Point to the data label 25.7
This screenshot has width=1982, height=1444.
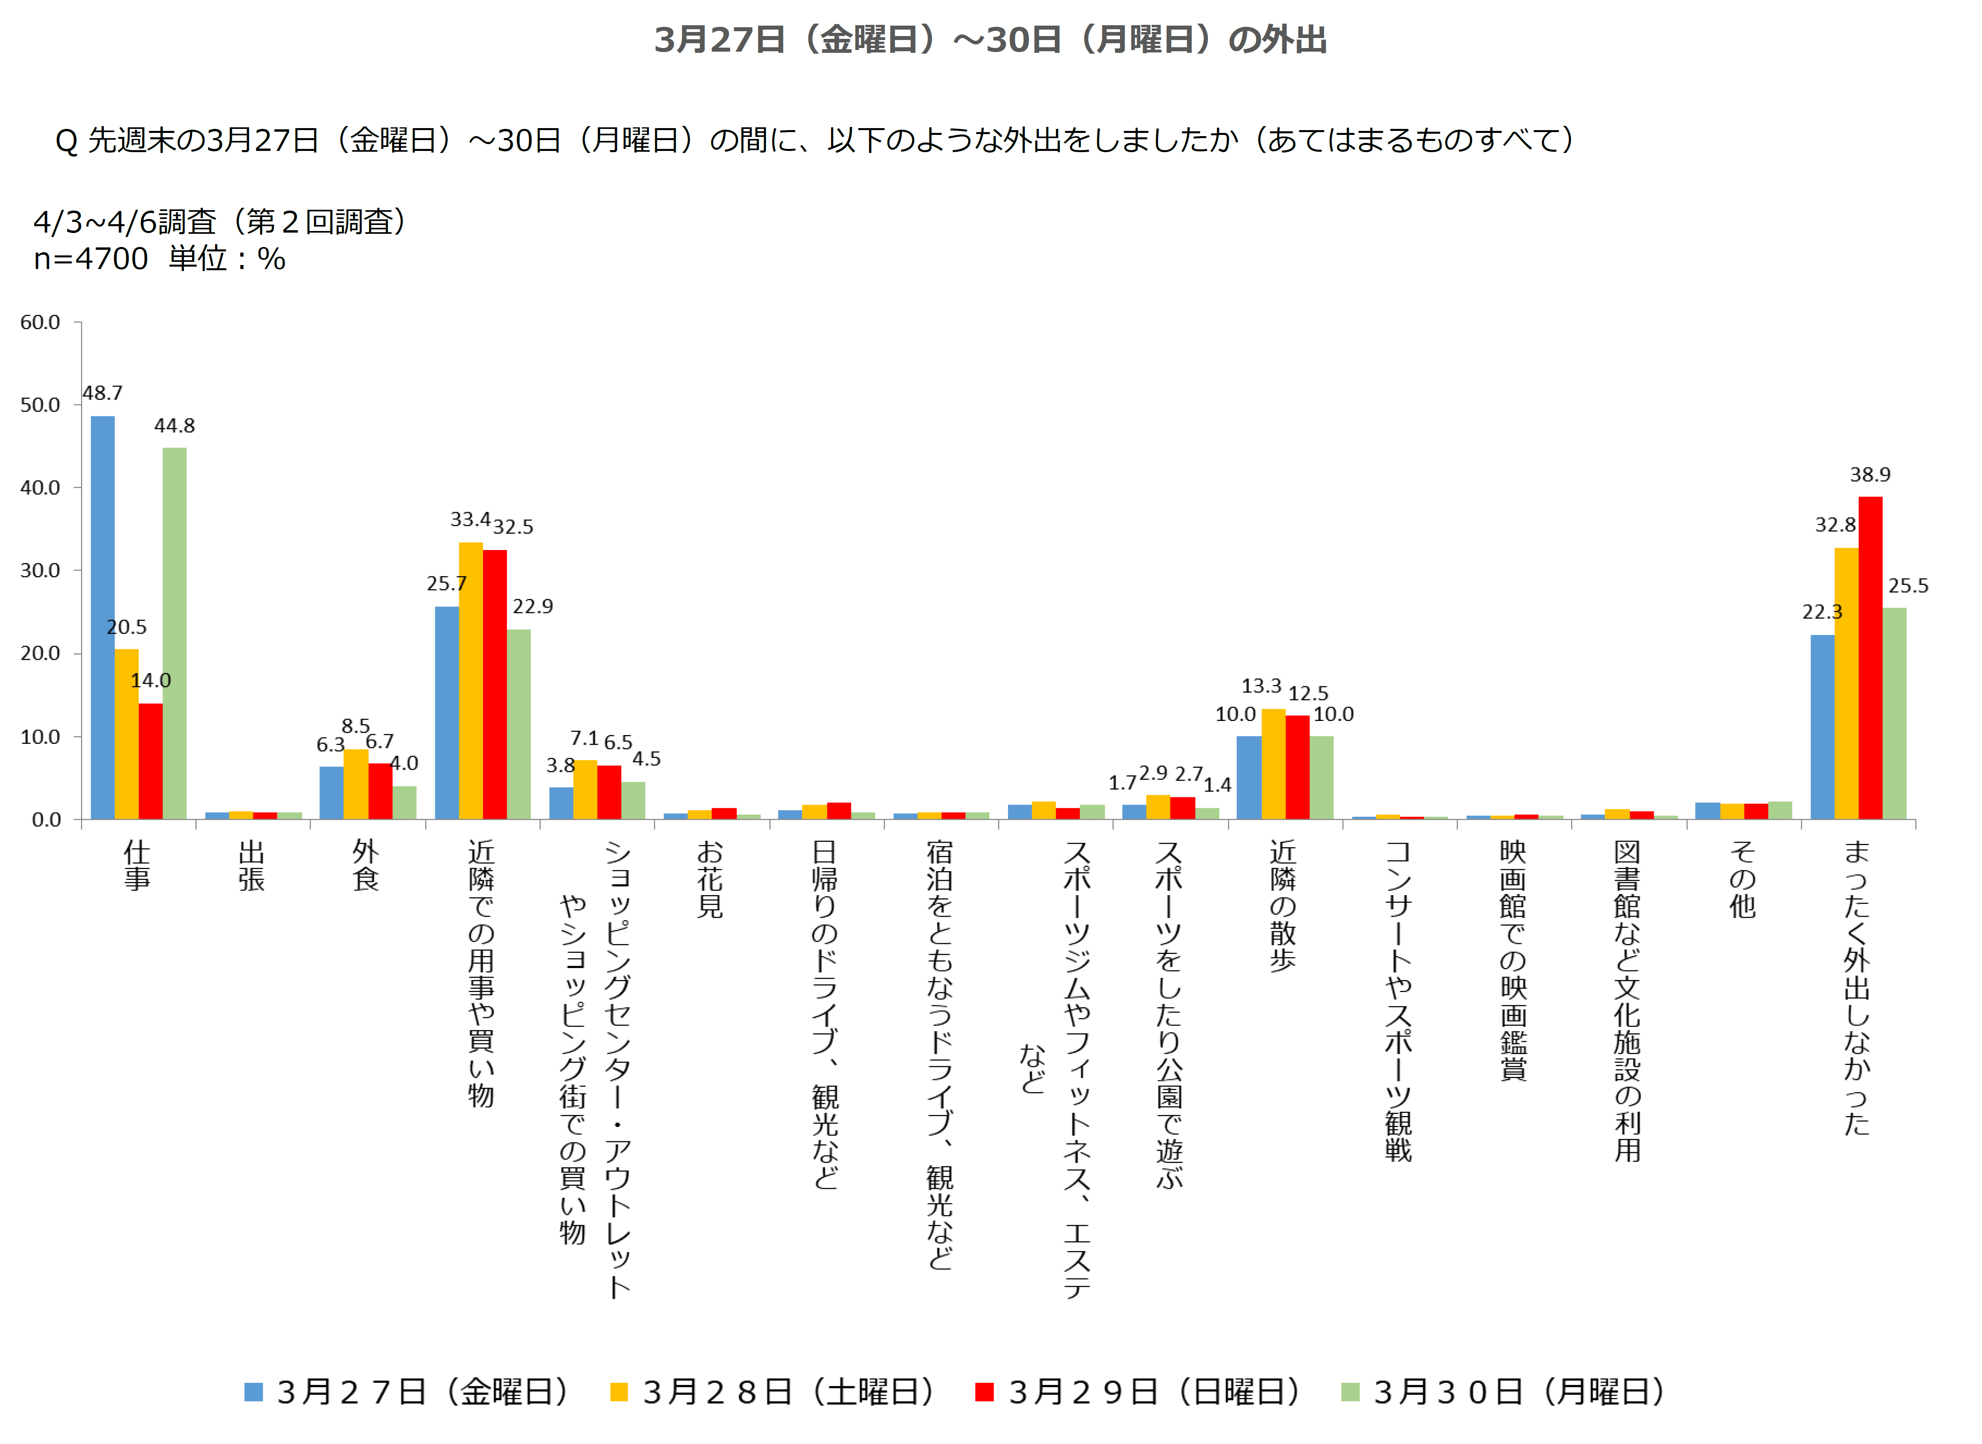446,583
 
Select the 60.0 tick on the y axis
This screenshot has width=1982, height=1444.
40,323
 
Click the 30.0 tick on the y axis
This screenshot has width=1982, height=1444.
40,571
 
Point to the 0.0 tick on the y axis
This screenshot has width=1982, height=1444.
46,820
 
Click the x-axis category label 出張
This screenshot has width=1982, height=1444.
251,866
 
